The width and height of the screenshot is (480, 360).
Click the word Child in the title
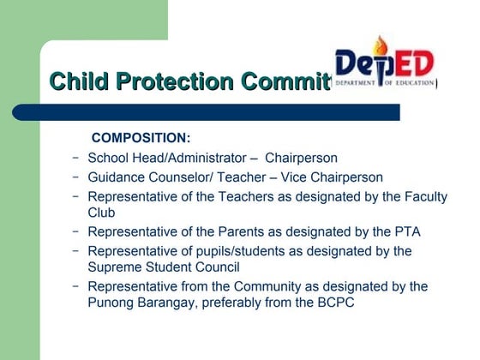(x=77, y=82)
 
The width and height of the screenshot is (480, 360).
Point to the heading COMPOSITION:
(x=141, y=138)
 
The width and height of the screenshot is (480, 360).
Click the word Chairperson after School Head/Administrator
(x=301, y=158)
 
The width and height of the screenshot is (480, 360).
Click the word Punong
(x=111, y=303)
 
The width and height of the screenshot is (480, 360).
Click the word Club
(x=101, y=213)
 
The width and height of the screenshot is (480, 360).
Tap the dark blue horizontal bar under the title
(x=206, y=111)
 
